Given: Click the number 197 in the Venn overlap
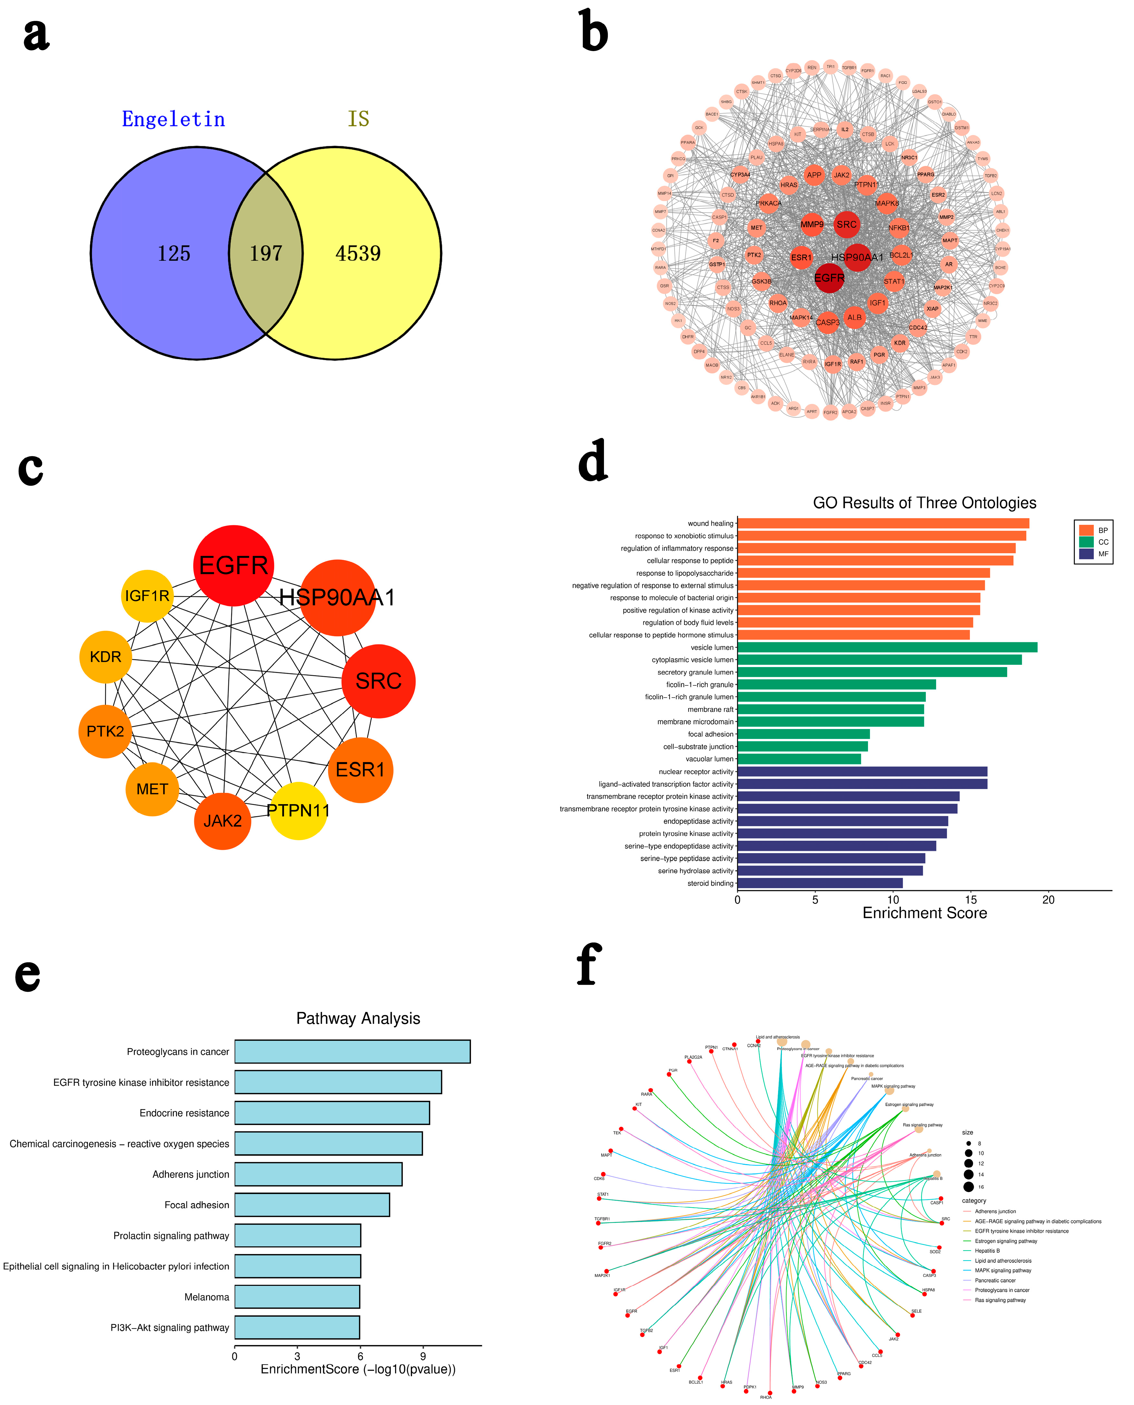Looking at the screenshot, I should (x=266, y=253).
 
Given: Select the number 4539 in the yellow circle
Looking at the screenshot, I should (x=358, y=253).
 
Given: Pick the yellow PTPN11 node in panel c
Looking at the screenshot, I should (x=298, y=811).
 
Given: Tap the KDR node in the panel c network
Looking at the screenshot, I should (x=106, y=657).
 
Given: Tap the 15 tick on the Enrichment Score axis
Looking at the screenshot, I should (x=971, y=900).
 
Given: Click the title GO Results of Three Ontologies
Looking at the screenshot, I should (x=924, y=503).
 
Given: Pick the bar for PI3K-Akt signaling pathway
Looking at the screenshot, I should (x=297, y=1327).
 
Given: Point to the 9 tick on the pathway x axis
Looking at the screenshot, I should (x=423, y=1356).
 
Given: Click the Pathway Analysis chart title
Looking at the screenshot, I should (x=358, y=1018).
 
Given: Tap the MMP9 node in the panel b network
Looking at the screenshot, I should (x=812, y=224).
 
